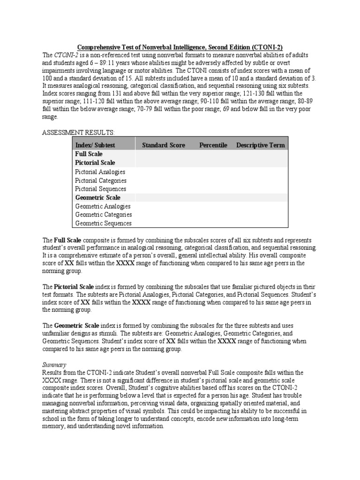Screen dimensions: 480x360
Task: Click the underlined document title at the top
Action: click(x=180, y=47)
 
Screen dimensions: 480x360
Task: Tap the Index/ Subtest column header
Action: click(x=95, y=145)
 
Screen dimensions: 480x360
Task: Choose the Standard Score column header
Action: click(x=164, y=145)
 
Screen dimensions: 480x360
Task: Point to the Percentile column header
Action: click(x=213, y=145)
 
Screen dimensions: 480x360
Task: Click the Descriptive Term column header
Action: click(x=260, y=145)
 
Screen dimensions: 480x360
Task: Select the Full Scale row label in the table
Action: click(x=89, y=154)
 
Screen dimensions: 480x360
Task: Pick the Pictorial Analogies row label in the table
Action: click(x=100, y=172)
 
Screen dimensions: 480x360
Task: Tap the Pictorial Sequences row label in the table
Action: click(x=100, y=189)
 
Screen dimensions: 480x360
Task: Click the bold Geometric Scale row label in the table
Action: click(x=97, y=198)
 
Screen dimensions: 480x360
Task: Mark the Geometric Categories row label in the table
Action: click(x=103, y=215)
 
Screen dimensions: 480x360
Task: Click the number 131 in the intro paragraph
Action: click(x=114, y=93)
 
